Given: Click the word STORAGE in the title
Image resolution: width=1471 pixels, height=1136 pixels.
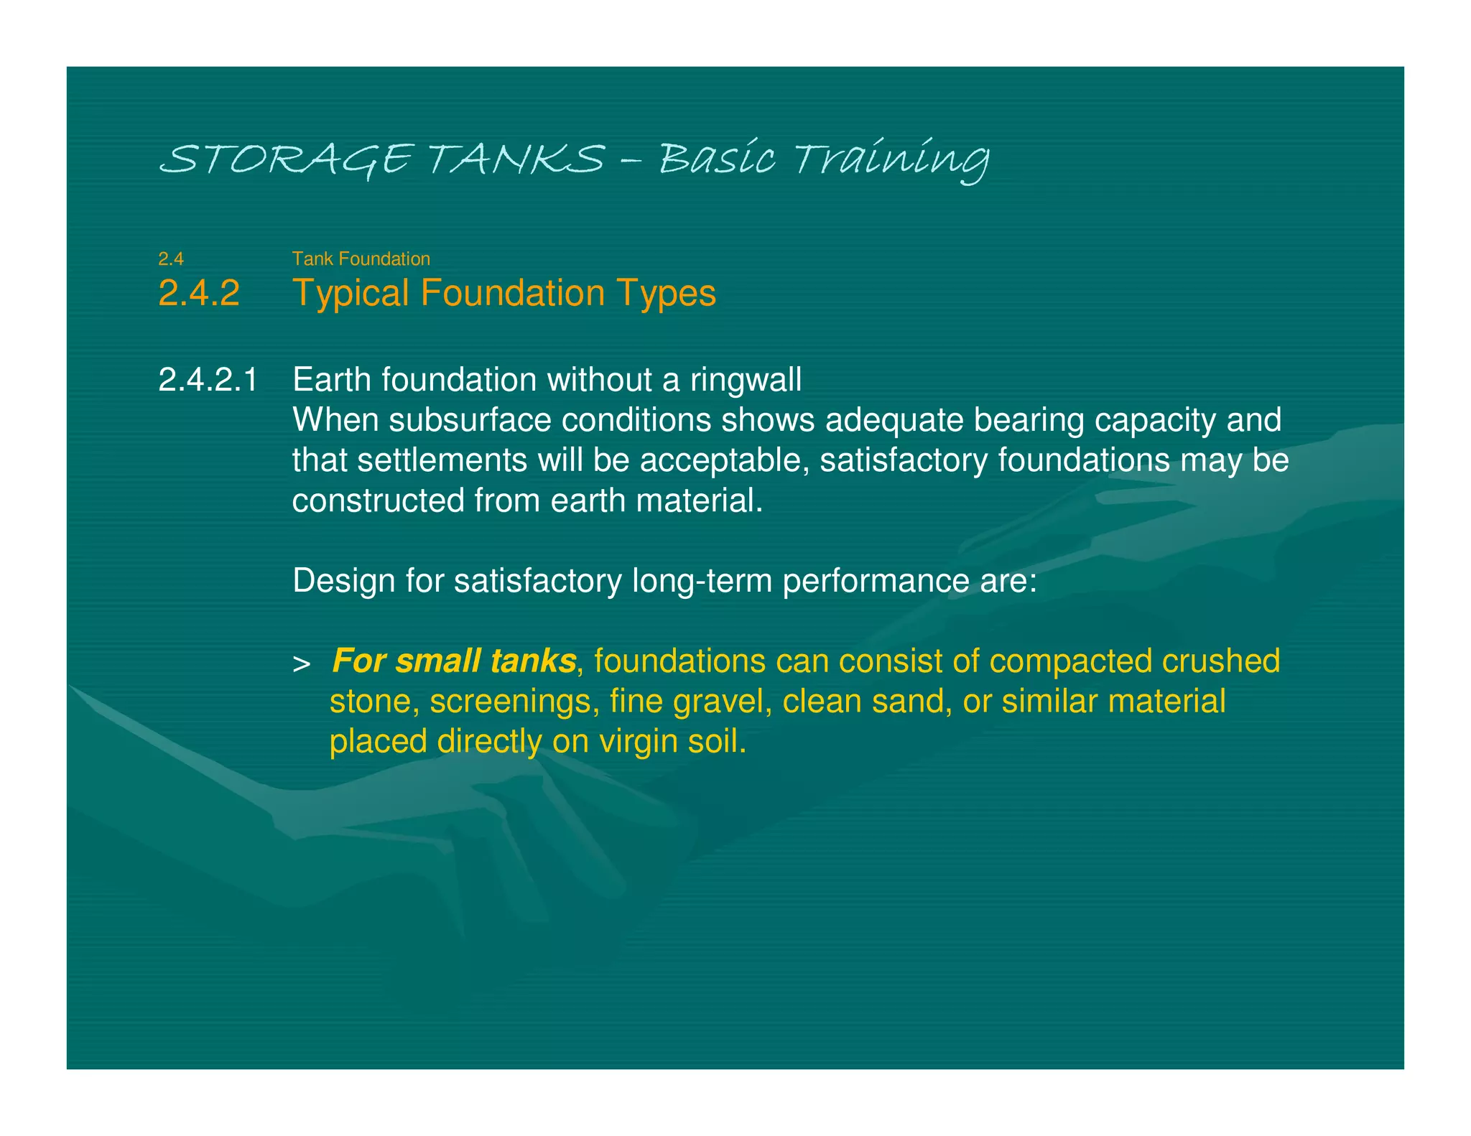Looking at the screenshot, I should (286, 159).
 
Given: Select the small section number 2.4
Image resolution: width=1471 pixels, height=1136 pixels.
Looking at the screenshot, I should (171, 259).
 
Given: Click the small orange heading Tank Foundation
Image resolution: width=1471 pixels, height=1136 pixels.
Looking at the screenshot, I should (361, 259).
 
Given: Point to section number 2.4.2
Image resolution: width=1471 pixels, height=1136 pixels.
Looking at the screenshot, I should (199, 293).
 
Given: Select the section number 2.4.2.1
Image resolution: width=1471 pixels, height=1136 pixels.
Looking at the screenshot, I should (208, 379).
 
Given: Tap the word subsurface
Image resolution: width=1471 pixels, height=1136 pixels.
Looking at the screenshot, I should (470, 420).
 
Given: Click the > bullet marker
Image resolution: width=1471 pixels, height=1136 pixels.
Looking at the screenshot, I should (302, 664).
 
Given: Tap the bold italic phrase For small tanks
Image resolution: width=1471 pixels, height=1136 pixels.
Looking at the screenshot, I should (454, 661).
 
